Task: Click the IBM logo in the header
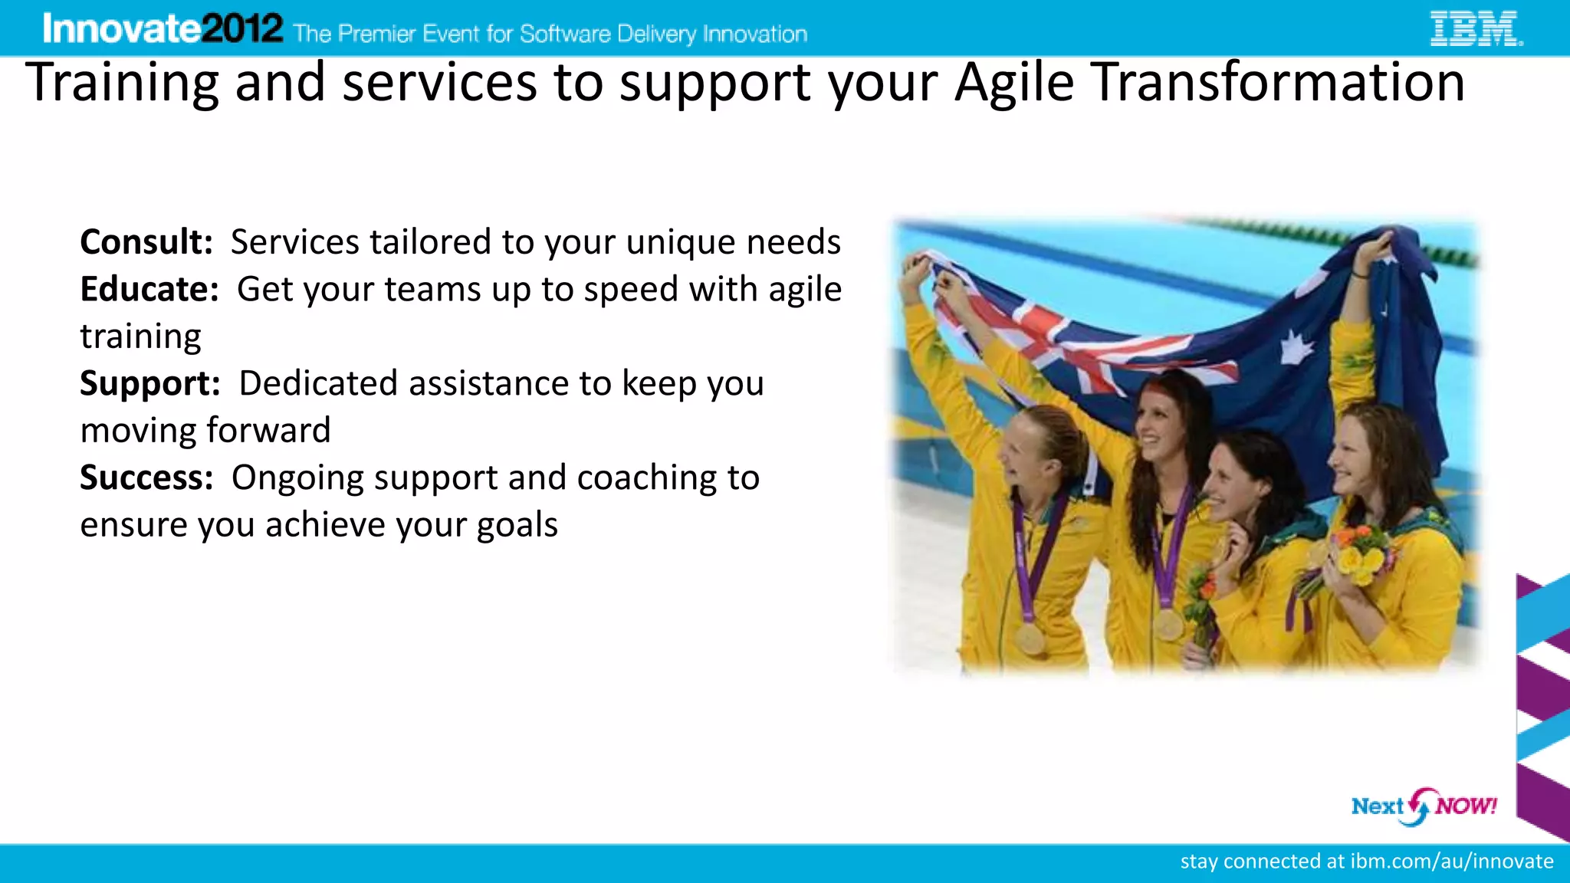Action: coord(1476,28)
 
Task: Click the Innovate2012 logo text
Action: coord(163,29)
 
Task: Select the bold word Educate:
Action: coord(149,290)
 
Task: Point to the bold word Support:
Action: coord(150,383)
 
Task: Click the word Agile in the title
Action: coord(1014,82)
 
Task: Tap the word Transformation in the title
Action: coord(1278,82)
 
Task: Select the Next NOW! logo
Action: coord(1424,806)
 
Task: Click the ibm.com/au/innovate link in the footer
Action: coord(1451,862)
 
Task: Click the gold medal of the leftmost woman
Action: coord(1030,638)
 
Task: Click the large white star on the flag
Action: coord(1295,348)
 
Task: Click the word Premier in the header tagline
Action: coord(376,34)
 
